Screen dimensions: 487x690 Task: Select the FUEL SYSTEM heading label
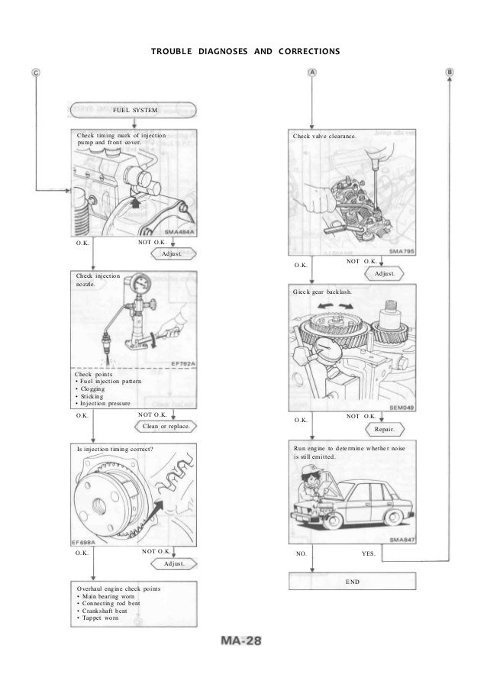pyautogui.click(x=135, y=110)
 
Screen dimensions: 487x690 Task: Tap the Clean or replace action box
pyautogui.click(x=166, y=426)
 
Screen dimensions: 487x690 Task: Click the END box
pyautogui.click(x=353, y=582)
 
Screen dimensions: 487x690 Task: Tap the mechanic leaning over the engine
pyautogui.click(x=312, y=489)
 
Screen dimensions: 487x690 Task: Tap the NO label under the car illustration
pyautogui.click(x=300, y=555)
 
